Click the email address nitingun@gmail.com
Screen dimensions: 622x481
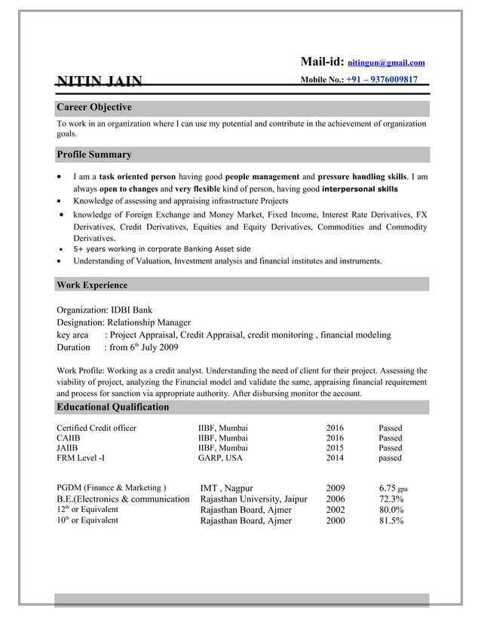tap(386, 63)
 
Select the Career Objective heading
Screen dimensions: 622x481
tap(94, 108)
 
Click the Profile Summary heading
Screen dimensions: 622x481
tap(94, 154)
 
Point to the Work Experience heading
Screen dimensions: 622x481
tap(92, 285)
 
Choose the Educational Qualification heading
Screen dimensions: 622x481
tap(113, 407)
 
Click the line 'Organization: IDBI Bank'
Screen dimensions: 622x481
tap(105, 309)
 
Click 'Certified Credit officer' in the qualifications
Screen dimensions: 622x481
tap(97, 428)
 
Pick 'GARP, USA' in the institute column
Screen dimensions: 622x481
tap(220, 457)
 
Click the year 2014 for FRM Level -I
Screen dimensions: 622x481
tap(335, 457)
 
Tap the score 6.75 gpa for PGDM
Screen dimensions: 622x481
tap(393, 488)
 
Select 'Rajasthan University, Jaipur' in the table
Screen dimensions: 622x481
tap(253, 499)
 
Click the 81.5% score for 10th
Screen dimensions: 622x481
tap(391, 520)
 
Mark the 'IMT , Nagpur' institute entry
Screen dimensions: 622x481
tap(226, 488)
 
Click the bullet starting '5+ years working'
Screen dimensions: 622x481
tap(162, 248)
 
